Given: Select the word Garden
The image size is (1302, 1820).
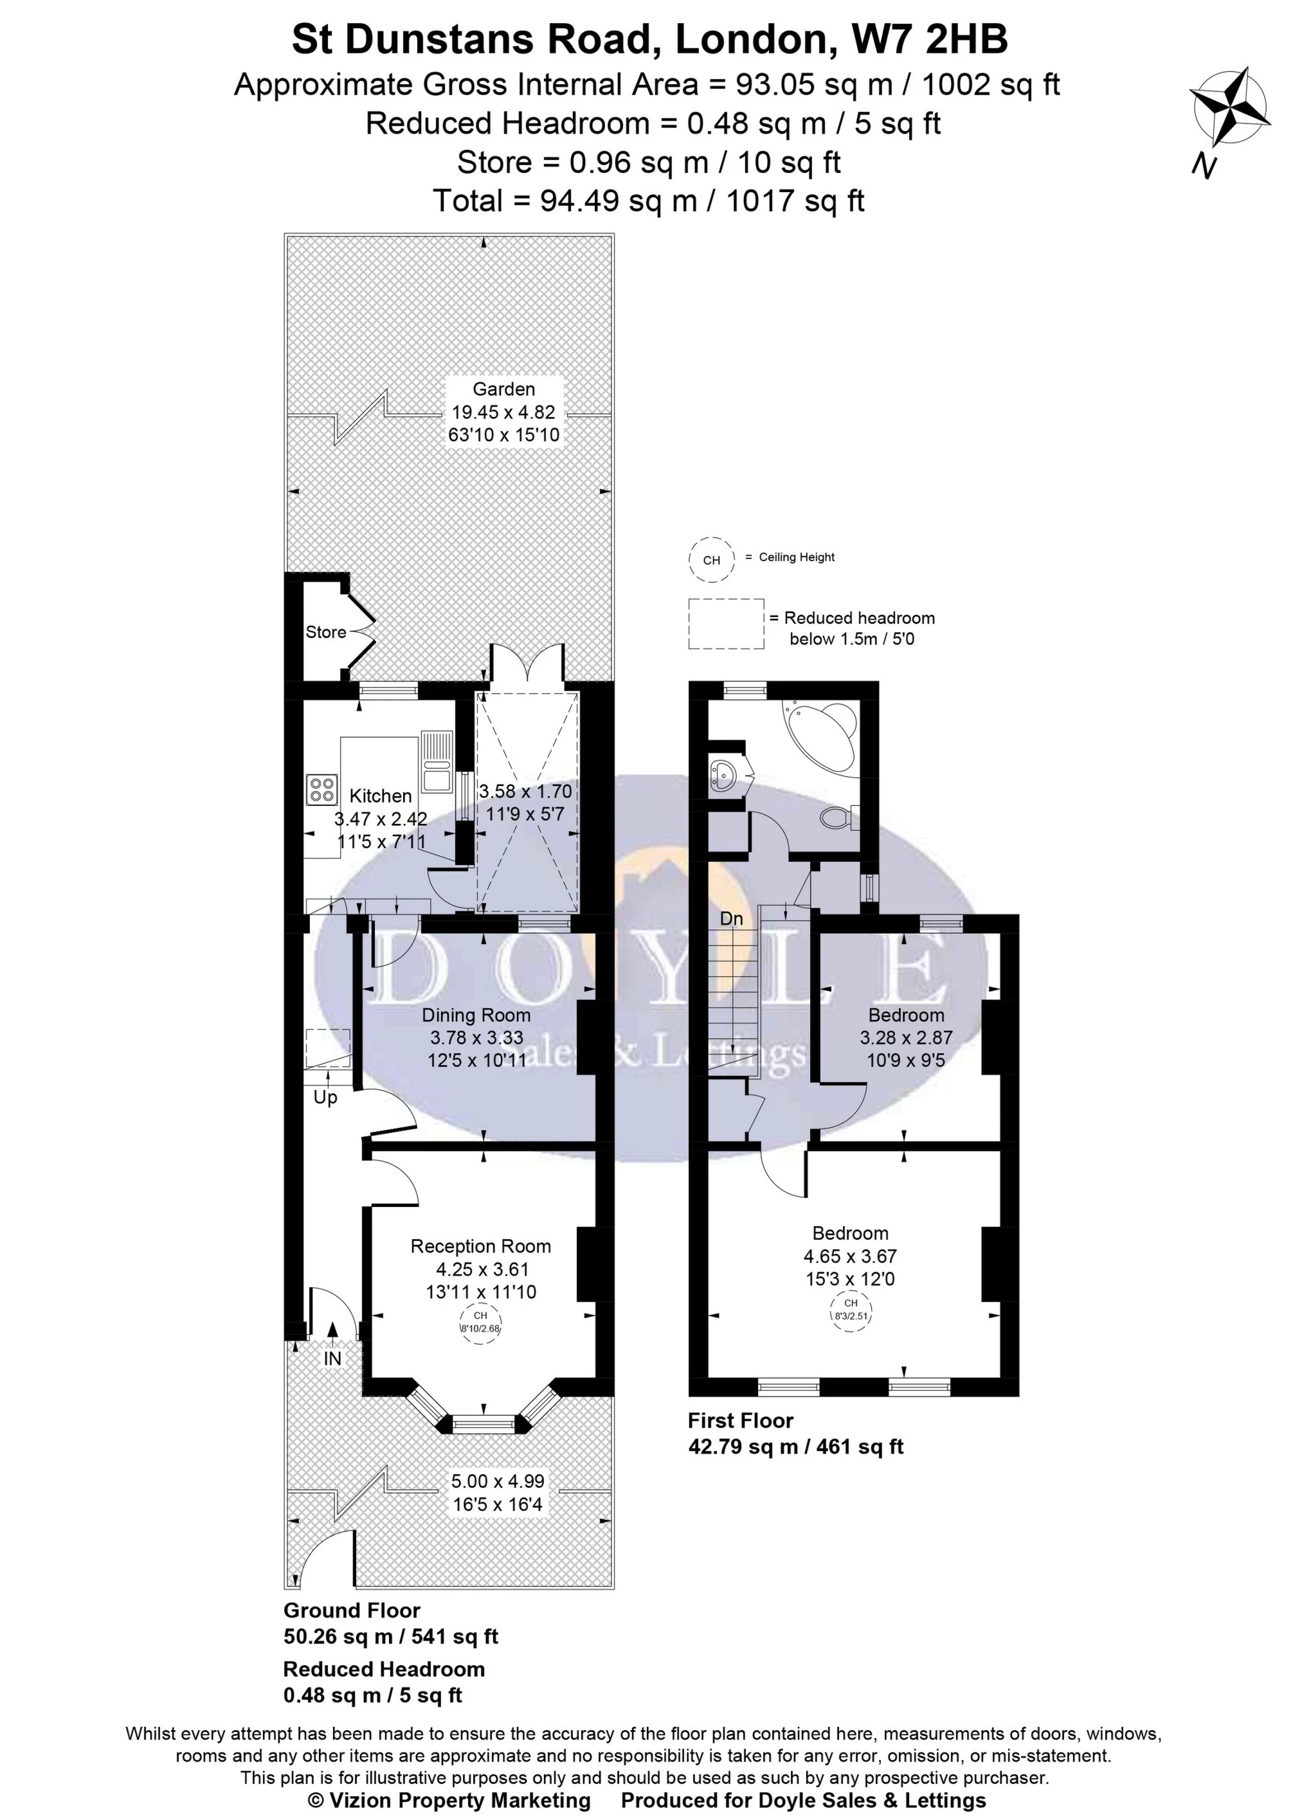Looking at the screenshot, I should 503,389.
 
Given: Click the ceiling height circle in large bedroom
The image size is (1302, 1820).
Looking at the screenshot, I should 851,1311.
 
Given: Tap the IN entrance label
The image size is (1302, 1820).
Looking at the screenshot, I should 332,1359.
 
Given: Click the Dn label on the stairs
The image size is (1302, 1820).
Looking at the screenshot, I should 731,918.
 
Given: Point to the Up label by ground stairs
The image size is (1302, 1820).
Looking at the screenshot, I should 325,1097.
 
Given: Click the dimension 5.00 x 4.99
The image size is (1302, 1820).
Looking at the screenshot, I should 497,1482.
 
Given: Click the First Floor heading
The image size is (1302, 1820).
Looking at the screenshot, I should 740,1421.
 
